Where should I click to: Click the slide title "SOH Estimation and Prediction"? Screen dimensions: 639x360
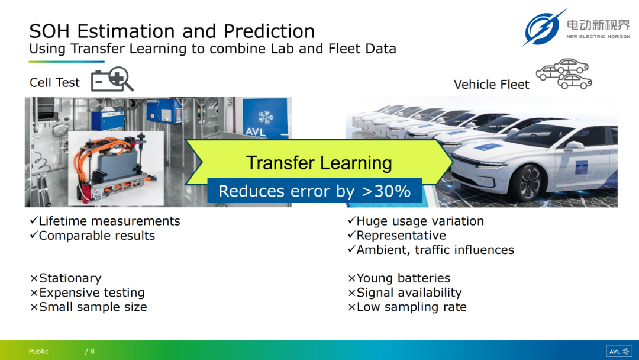pos(172,31)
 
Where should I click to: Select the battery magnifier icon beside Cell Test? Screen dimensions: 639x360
pos(112,79)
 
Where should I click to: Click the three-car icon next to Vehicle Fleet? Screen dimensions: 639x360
pos(564,74)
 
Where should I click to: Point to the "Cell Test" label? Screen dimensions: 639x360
pos(54,83)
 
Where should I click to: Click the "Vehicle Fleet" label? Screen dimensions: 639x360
pos(491,85)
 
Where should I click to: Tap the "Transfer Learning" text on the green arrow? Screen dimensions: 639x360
pos(319,163)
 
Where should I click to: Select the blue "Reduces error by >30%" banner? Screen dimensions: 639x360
pos(315,191)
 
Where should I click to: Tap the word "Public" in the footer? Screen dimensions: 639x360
pos(38,352)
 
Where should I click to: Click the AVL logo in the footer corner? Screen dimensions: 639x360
pos(619,352)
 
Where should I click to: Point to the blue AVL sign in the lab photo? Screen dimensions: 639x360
pos(265,118)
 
